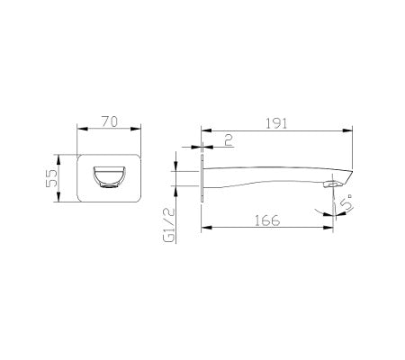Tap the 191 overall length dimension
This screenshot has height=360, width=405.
[x=275, y=123]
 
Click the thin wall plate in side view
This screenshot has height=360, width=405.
[x=204, y=177]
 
